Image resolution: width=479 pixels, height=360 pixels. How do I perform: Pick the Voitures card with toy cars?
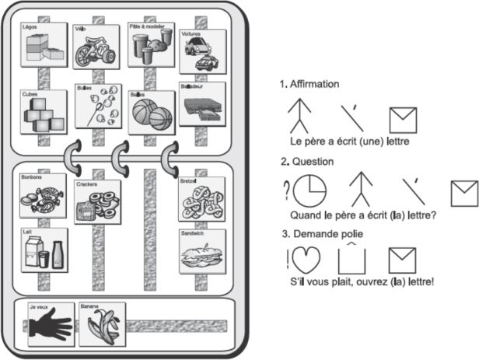pos(202,52)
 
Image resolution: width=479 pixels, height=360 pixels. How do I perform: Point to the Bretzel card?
pos(202,199)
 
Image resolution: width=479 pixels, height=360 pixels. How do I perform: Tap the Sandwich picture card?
pos(202,250)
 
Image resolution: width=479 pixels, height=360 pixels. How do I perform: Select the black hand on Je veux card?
pos(51,327)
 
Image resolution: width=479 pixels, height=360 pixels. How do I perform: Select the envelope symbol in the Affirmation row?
pos(403,119)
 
